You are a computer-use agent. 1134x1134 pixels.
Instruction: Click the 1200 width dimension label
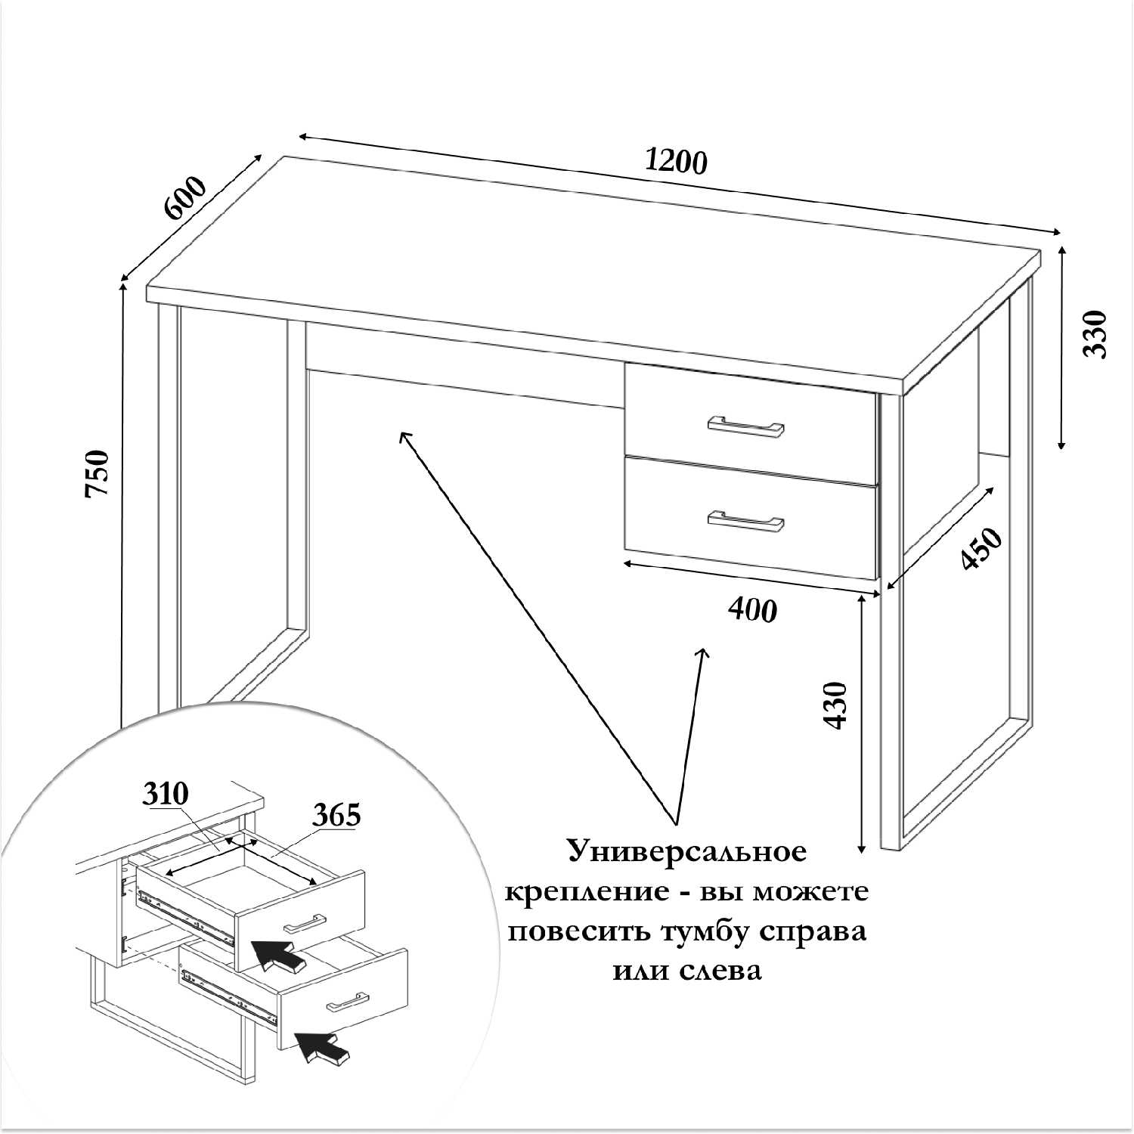(x=677, y=161)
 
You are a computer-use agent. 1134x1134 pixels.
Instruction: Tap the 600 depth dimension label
(x=184, y=198)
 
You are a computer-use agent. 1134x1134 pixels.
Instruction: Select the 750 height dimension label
(x=98, y=473)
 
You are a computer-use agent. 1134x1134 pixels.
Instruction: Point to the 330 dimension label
(x=1095, y=334)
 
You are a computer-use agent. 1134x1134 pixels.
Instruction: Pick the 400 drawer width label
(x=752, y=609)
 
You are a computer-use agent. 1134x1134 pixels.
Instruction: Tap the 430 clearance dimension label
(x=835, y=705)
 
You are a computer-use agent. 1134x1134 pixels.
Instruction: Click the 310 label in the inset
(x=165, y=795)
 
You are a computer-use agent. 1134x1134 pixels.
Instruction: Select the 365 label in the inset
(x=336, y=815)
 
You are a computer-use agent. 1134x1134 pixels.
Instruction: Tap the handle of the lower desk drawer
(x=745, y=521)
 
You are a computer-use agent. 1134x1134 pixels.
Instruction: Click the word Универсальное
(x=687, y=852)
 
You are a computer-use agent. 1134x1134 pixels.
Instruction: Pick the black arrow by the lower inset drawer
(x=323, y=1047)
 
